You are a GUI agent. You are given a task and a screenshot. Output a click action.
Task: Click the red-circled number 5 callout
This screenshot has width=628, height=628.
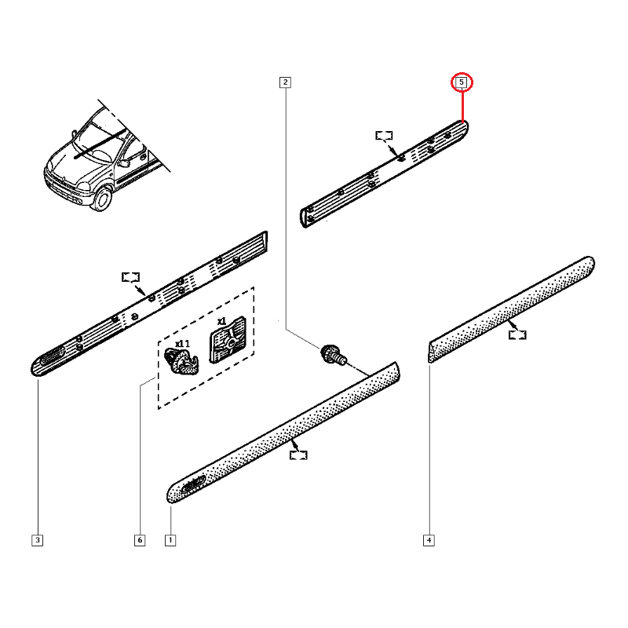pos(462,82)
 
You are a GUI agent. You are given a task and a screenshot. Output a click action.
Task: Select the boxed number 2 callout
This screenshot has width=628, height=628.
pos(285,82)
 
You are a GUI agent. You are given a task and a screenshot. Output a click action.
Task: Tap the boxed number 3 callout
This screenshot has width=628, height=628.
pos(37,540)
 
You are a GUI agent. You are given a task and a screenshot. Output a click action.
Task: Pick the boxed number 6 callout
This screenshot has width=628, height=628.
pos(140,540)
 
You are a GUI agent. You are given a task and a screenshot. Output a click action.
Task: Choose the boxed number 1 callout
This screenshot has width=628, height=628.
pos(170,540)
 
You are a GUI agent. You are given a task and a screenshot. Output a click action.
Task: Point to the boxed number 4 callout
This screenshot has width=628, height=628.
pos(429,540)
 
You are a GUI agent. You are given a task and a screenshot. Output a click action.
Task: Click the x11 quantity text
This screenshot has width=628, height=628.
pos(183,344)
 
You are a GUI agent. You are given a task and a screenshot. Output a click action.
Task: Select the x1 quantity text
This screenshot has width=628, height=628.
pos(222,321)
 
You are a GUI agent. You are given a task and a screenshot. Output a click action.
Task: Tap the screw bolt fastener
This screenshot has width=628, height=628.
pos(333,355)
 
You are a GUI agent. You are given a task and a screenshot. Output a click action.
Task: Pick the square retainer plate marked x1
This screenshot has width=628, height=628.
pos(228,341)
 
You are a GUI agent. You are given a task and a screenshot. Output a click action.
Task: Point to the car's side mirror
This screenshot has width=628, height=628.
pos(124,163)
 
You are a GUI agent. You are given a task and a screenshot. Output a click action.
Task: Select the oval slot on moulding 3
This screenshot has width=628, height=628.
pos(52,356)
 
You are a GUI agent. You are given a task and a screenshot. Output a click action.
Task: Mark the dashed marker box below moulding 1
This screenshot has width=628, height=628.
pos(298,455)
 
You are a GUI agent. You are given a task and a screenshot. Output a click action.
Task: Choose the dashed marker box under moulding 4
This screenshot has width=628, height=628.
pos(517,335)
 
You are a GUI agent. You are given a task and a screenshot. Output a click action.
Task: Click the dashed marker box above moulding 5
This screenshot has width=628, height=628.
pos(384,136)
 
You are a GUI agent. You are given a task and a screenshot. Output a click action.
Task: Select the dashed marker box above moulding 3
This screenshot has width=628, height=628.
pos(130,277)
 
